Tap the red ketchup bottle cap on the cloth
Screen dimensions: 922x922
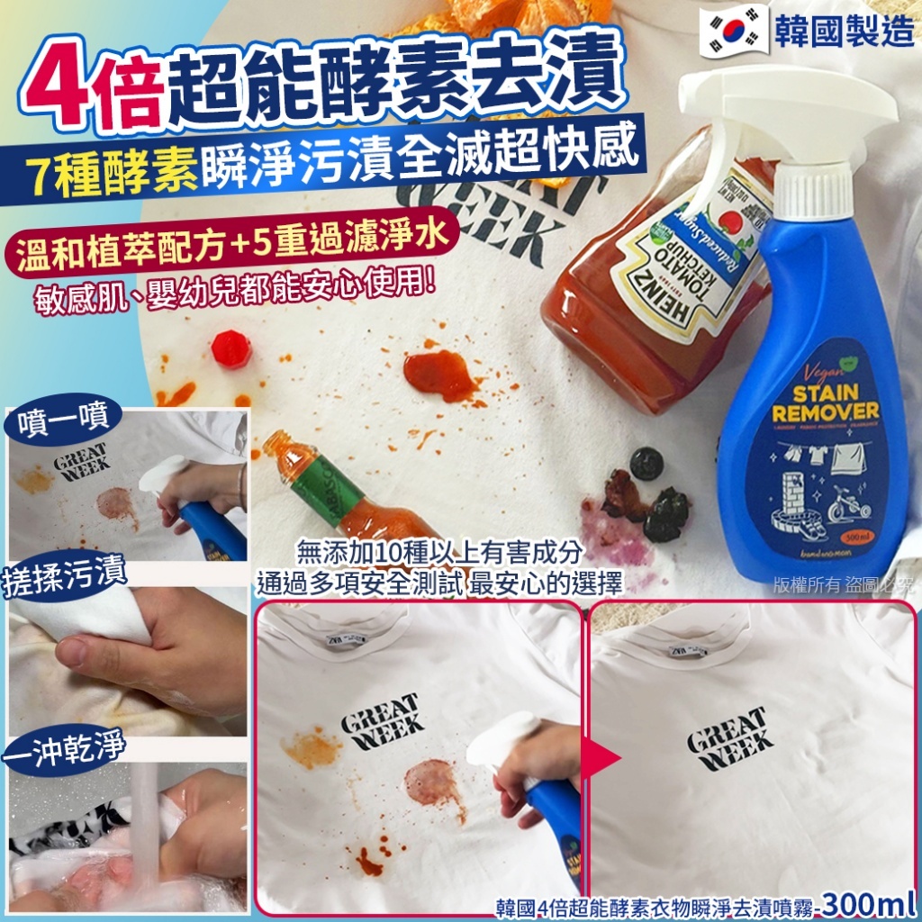[231, 348]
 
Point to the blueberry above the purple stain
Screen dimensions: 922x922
[646, 463]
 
